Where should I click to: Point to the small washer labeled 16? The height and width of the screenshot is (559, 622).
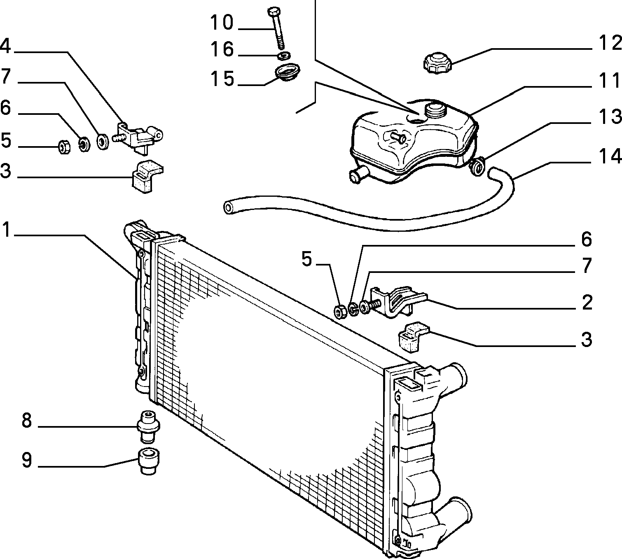[x=284, y=56]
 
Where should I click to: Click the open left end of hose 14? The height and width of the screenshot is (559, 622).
[x=229, y=207]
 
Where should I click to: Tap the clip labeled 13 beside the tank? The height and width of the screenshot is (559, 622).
[x=477, y=166]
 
